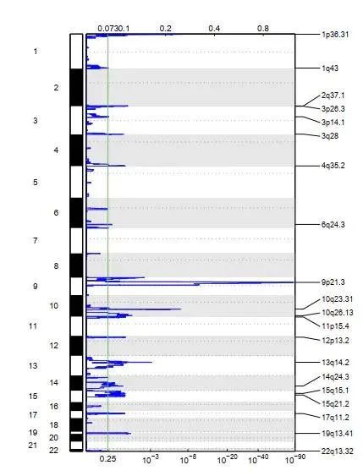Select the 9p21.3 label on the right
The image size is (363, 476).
pyautogui.click(x=333, y=282)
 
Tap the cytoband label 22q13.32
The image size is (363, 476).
pyautogui.click(x=338, y=453)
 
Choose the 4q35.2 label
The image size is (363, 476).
pyautogui.click(x=333, y=165)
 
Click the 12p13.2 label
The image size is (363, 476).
pyautogui.click(x=336, y=341)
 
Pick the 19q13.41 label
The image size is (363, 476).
pyautogui.click(x=338, y=434)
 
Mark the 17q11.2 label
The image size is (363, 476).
pyautogui.click(x=336, y=417)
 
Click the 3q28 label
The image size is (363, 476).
pyautogui.click(x=330, y=135)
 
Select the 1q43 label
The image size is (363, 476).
pyautogui.click(x=330, y=68)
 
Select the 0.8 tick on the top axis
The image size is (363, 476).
pyautogui.click(x=264, y=29)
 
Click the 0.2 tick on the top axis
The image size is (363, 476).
pyautogui.click(x=165, y=29)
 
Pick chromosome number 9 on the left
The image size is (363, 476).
pyautogui.click(x=58, y=286)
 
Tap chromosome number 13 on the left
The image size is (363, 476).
pyautogui.click(x=57, y=365)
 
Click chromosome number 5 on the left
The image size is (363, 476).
pyautogui.click(x=58, y=182)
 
